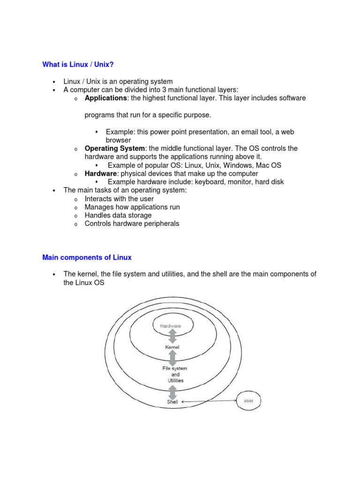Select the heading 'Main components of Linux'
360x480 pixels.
pos(87,257)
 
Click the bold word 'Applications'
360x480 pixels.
pos(105,98)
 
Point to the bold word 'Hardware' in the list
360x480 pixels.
pos(100,173)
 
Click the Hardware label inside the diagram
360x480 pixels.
pos(171,326)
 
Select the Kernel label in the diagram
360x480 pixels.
pos(172,347)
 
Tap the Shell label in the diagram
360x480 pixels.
pos(172,402)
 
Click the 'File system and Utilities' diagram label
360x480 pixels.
pos(174,375)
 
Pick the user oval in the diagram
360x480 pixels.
pos(248,401)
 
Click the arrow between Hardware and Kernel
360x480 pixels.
pos(172,337)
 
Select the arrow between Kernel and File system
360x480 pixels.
pos(172,358)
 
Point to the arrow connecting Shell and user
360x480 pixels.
pos(209,401)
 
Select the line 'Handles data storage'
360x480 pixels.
pos(118,215)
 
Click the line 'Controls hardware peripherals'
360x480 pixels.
pos(132,224)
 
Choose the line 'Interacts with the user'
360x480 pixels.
pos(119,199)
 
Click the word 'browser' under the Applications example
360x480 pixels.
pos(118,140)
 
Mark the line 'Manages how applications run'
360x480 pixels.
pos(132,207)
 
